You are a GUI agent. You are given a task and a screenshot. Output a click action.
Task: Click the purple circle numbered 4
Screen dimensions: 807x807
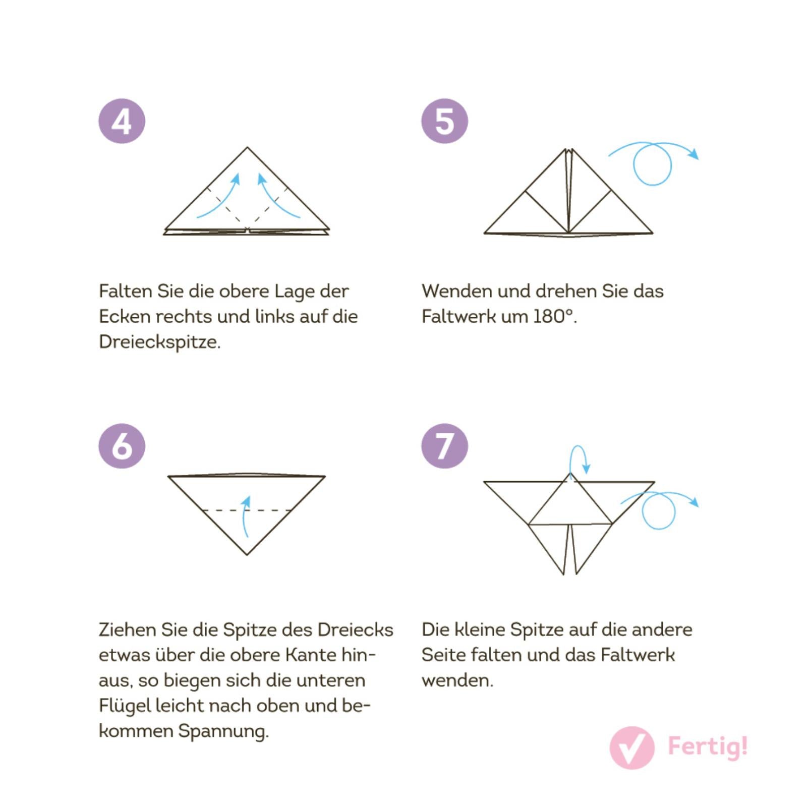click(122, 121)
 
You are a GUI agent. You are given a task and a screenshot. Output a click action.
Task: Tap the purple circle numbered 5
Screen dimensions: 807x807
click(444, 121)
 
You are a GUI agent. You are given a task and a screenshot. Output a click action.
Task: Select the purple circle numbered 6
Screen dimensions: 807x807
click(122, 446)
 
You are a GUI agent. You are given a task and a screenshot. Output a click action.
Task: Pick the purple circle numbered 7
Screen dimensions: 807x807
click(444, 446)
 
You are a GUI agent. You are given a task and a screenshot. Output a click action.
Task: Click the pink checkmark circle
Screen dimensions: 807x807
click(632, 747)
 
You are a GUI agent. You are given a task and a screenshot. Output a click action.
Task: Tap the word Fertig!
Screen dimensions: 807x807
click(708, 746)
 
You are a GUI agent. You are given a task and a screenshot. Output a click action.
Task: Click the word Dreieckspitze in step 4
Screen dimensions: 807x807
click(160, 342)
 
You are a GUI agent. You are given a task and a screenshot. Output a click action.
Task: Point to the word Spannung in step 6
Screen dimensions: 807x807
click(223, 731)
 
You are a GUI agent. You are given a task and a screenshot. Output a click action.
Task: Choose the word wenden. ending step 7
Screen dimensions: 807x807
click(457, 680)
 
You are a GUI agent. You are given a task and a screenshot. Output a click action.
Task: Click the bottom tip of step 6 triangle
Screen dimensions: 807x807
click(247, 555)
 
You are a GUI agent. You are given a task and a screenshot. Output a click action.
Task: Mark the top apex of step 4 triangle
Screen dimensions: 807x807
click(247, 147)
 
